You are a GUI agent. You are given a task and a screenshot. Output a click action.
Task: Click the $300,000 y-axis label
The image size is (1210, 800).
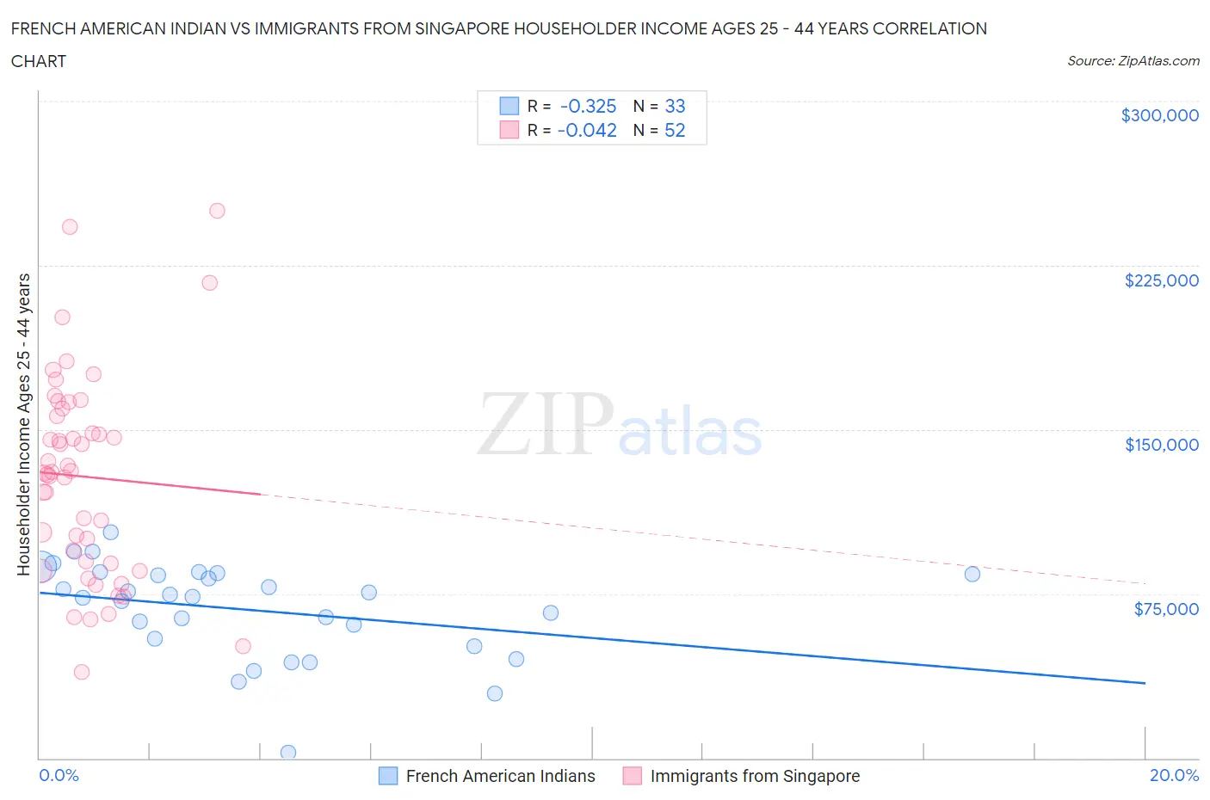(x=1159, y=115)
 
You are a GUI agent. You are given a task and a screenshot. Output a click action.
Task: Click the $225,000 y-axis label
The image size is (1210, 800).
(x=1161, y=280)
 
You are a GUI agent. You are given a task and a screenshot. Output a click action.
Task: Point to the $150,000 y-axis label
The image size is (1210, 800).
(x=1161, y=445)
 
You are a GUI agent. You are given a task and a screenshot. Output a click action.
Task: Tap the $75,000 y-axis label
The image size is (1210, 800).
(x=1166, y=609)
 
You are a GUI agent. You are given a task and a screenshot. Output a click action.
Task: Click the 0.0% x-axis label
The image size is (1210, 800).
(x=59, y=775)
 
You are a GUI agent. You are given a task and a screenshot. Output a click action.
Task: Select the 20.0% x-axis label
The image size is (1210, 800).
(x=1174, y=775)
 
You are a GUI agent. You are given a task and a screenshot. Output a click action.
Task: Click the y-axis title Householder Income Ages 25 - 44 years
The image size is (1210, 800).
(x=23, y=424)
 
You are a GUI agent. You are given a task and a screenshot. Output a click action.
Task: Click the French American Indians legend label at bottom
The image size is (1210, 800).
(x=500, y=776)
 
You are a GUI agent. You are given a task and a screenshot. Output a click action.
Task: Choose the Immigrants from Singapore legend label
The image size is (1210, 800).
(x=755, y=776)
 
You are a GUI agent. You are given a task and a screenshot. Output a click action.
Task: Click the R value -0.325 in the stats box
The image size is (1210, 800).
(x=588, y=106)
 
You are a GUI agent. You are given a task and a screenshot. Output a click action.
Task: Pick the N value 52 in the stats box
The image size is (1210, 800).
(x=675, y=130)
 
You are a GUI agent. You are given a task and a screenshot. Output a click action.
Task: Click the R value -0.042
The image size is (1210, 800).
(x=587, y=130)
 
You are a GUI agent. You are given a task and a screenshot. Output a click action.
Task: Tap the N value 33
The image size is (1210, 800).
(x=675, y=106)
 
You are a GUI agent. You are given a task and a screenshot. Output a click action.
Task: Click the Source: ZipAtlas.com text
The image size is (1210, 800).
(x=1133, y=61)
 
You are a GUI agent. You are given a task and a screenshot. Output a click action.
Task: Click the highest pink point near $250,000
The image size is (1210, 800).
(x=217, y=211)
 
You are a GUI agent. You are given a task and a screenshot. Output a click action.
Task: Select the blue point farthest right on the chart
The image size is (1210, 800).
(x=972, y=574)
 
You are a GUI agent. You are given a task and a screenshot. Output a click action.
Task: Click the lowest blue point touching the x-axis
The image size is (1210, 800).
(x=288, y=753)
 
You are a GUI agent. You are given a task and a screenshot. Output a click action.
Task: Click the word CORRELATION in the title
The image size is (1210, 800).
(x=929, y=28)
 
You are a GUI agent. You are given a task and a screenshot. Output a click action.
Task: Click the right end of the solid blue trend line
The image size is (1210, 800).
(x=1145, y=683)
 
